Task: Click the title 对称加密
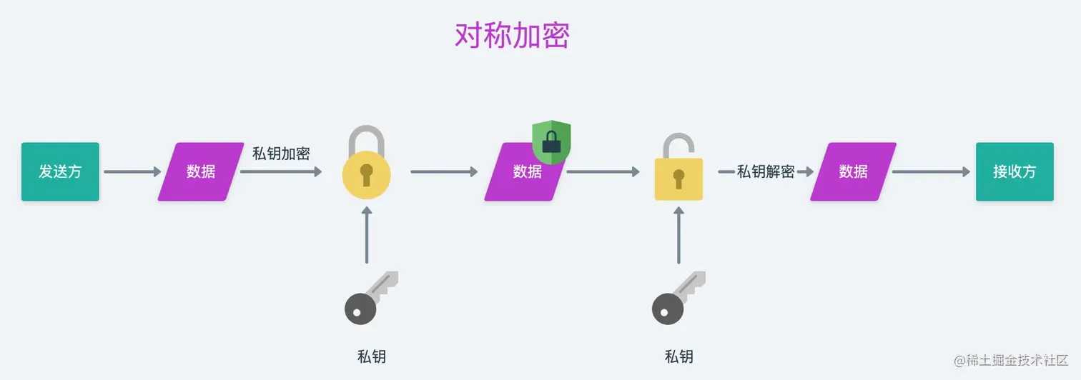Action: [x=512, y=35]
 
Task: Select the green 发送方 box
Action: [x=60, y=171]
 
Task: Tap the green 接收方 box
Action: [x=1015, y=171]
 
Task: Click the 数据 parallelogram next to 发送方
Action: [x=201, y=171]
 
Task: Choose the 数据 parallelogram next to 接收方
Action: [x=853, y=171]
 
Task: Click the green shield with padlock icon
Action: [x=552, y=141]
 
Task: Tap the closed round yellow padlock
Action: [x=366, y=163]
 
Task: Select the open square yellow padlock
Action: [x=678, y=166]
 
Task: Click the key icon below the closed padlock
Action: [x=370, y=298]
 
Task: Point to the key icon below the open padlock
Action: [x=678, y=298]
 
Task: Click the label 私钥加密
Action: [x=281, y=154]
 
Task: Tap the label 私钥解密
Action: [x=766, y=171]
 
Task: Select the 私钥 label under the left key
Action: [x=371, y=357]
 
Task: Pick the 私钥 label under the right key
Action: [x=678, y=357]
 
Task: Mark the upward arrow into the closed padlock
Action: [x=367, y=235]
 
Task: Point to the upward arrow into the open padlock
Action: [x=678, y=235]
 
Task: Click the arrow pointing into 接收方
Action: [x=931, y=171]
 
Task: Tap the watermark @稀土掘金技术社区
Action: [x=1010, y=360]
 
